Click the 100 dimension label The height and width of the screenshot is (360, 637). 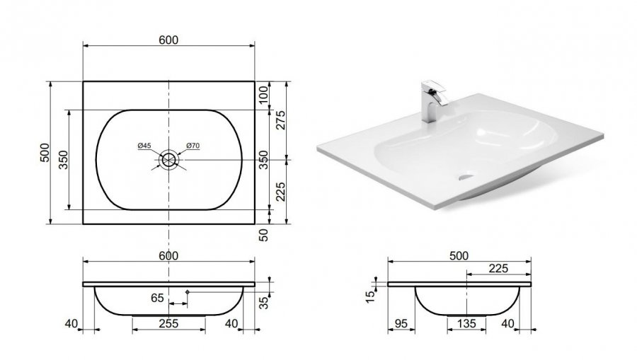264,94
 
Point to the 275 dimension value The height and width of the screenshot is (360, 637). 281,120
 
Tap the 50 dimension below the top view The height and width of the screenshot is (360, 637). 264,235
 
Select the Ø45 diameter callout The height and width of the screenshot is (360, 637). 144,145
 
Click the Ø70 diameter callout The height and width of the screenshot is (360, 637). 193,145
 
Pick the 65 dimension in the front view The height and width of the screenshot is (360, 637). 157,298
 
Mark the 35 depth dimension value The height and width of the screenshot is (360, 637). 264,303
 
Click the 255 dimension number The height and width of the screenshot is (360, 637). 168,323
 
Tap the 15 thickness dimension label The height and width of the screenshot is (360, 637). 370,297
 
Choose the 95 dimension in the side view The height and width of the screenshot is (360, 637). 401,323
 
